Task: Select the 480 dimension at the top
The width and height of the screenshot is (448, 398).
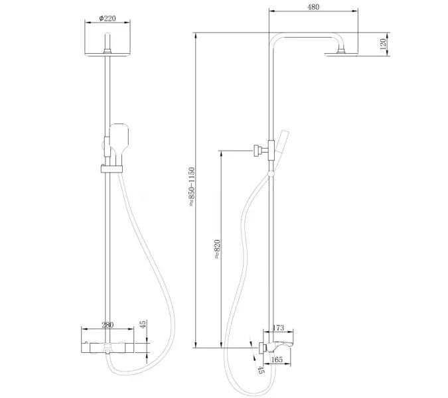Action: pos(313,7)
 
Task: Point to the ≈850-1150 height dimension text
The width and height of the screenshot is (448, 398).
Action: pos(192,187)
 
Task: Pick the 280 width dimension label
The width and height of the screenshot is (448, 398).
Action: pos(108,325)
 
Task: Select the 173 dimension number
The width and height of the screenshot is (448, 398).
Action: pos(278,328)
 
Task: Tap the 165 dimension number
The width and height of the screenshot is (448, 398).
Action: pos(278,360)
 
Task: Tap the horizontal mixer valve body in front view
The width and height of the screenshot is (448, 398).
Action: pos(109,347)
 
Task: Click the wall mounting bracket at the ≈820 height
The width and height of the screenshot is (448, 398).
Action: pos(258,151)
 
